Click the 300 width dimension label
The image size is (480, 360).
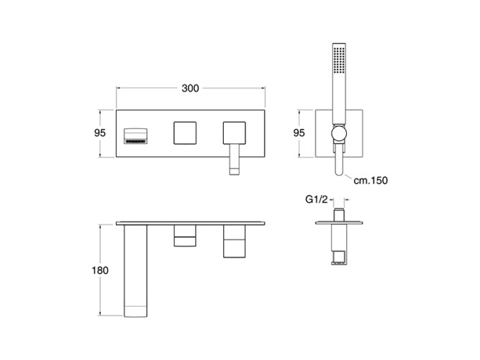point(190,89)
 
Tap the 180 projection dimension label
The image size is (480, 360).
point(100,270)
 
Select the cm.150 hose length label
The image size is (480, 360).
point(371,181)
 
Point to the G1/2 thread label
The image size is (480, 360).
point(317,199)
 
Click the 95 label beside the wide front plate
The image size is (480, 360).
point(100,133)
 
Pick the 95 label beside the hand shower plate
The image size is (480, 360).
point(299,133)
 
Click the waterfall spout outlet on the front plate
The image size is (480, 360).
point(135,136)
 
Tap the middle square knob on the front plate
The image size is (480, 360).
point(185,133)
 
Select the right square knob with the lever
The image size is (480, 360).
point(234,133)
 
